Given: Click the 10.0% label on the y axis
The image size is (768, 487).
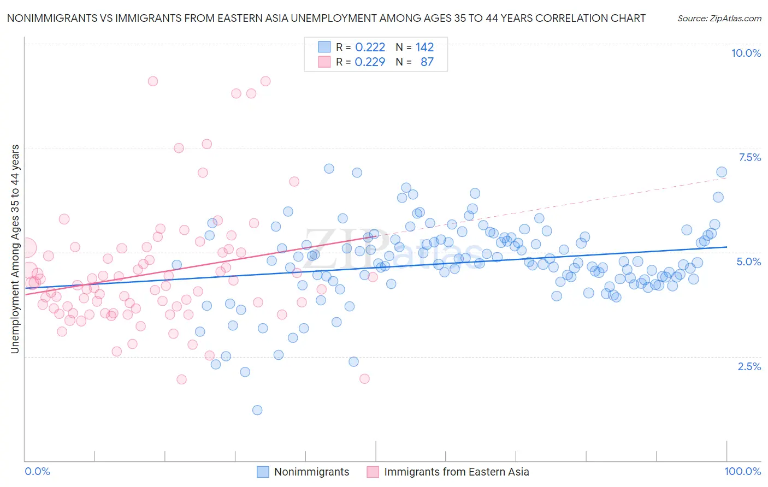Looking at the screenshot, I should point(746,53).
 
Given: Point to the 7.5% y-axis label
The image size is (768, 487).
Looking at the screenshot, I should point(749,157).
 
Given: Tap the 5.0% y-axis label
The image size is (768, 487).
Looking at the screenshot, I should point(748,262).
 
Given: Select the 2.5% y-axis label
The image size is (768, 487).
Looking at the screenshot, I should point(749,366).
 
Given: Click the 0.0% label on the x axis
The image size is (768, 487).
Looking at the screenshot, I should point(38,471).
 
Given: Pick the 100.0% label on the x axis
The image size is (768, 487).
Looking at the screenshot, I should point(742,471).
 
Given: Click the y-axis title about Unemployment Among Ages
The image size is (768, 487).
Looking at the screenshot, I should point(15,248).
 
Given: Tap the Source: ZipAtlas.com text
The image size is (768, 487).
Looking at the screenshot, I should point(719,18).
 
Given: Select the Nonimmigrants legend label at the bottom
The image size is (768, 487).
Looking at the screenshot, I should point(311,472).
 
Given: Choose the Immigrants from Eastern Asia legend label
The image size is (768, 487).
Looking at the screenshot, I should point(456,472).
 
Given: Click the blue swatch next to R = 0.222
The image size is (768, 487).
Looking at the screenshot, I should point(324,47).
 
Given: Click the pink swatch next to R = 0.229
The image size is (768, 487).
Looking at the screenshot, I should point(324,62).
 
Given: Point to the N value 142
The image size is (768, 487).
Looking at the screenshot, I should point(424,47).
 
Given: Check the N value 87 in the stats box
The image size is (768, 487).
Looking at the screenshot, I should point(427,62).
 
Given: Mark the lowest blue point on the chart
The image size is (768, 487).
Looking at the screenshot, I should point(257,410).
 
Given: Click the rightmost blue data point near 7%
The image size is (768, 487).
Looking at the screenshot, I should point(722,172).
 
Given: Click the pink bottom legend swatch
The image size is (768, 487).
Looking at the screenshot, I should point(373,472).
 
